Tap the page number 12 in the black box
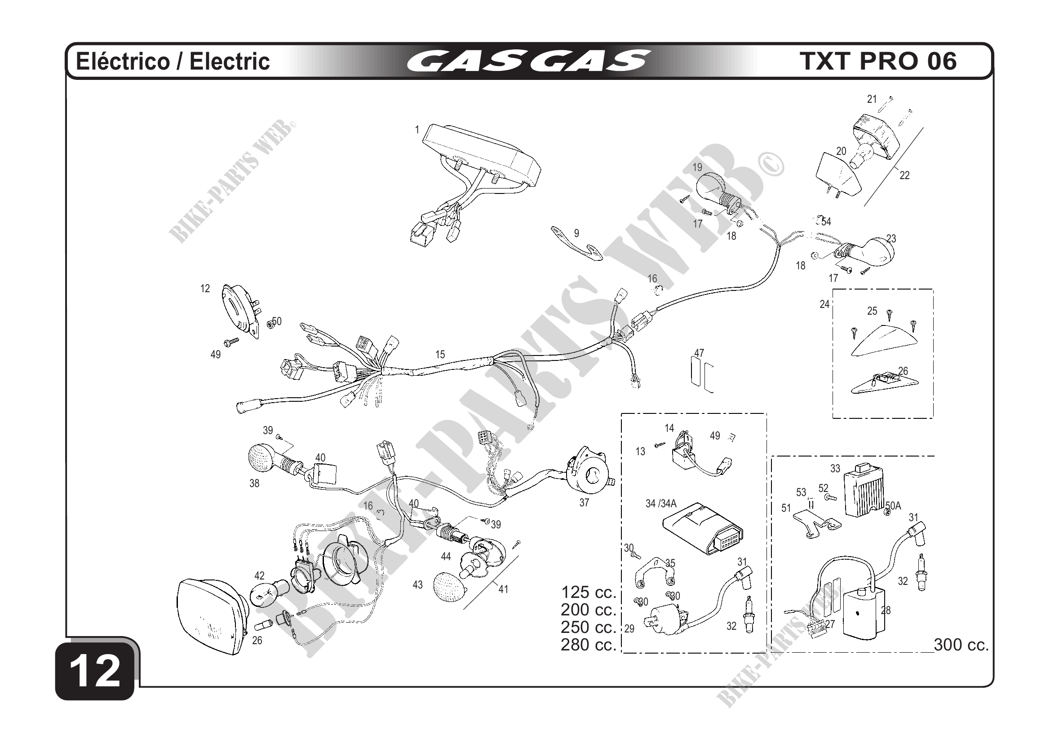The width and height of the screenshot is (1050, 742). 96,671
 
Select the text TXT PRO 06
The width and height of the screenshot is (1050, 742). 878,61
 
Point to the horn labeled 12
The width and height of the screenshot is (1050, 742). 239,311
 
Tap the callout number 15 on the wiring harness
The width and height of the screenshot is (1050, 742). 439,354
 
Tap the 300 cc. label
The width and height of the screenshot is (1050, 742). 961,645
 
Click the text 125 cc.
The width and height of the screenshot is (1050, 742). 588,592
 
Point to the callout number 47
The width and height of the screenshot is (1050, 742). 699,353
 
